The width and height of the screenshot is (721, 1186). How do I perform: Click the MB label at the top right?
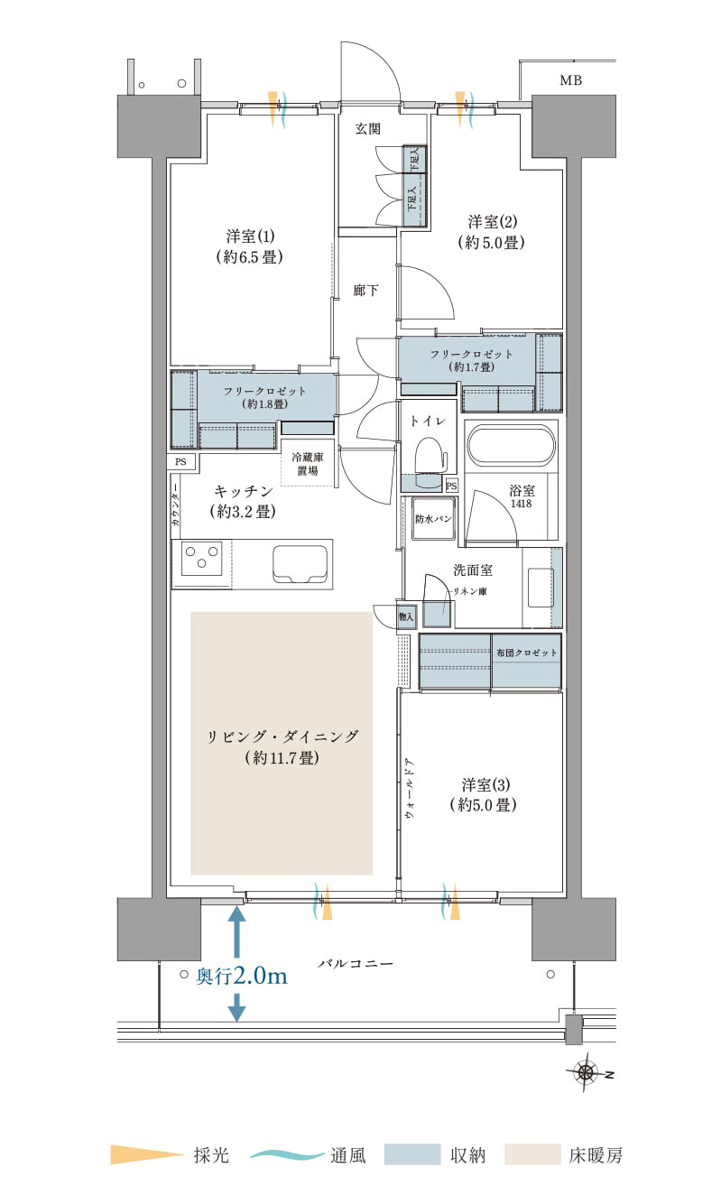click(x=570, y=80)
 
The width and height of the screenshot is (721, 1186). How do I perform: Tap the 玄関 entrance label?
click(x=367, y=129)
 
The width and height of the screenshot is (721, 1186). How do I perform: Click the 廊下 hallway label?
click(x=365, y=290)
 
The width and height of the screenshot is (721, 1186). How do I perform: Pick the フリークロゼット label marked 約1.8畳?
click(x=264, y=397)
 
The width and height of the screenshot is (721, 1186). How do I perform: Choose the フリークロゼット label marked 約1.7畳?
click(x=471, y=360)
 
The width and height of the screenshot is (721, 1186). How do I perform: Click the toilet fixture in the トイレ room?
click(x=430, y=460)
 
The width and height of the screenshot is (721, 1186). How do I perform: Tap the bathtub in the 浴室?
click(x=512, y=446)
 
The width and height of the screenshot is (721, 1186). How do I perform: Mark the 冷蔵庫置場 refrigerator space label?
click(x=308, y=463)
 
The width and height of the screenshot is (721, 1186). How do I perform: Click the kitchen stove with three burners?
click(x=202, y=558)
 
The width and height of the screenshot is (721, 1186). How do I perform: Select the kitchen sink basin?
click(x=300, y=564)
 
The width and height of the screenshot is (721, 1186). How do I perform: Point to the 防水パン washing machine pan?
click(x=433, y=518)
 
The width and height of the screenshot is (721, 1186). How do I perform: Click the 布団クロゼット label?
click(x=526, y=653)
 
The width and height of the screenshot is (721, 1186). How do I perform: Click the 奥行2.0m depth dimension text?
click(x=242, y=976)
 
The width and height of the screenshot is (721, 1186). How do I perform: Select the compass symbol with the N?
click(x=586, y=1072)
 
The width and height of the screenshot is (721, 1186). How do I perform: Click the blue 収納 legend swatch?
click(x=412, y=1154)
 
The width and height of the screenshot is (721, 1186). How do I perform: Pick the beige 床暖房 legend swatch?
click(x=532, y=1154)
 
